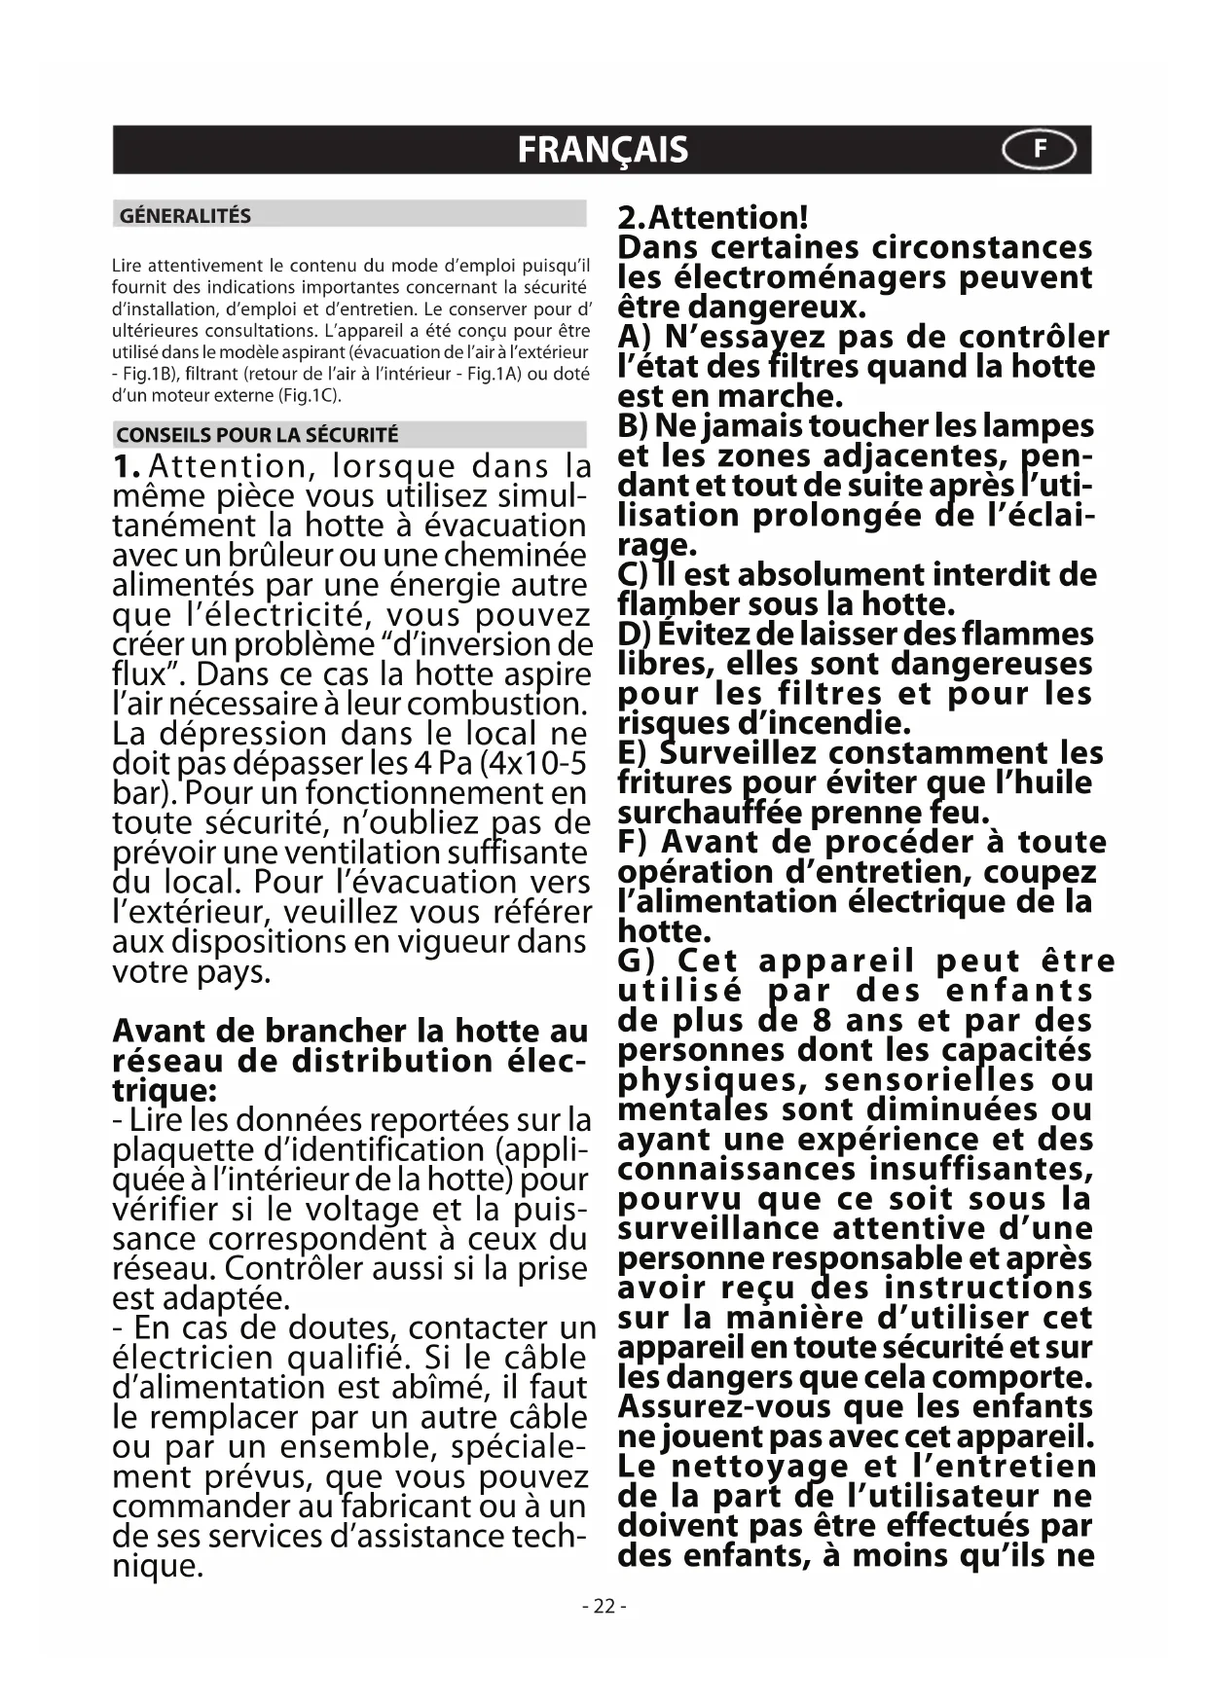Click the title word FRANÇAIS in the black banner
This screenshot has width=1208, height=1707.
click(x=603, y=150)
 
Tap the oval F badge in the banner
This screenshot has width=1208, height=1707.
click(x=1040, y=150)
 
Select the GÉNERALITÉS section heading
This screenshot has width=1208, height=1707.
click(x=185, y=215)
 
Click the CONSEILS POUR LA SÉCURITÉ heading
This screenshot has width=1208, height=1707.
click(x=257, y=435)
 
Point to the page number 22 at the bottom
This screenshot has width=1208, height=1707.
click(x=604, y=1606)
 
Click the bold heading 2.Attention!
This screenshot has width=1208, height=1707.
click(x=714, y=217)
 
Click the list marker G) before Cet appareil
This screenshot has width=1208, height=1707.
click(x=639, y=962)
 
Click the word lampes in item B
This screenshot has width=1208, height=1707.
click(x=1039, y=426)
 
